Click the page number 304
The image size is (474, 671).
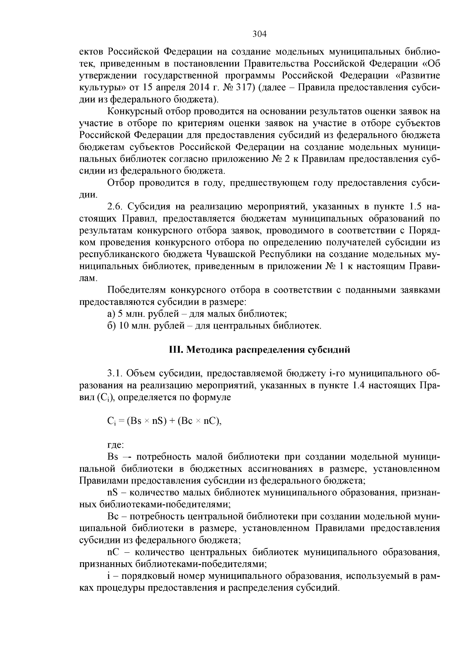coord(260,34)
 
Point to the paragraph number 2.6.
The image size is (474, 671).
coord(115,207)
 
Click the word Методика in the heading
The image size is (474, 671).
coord(204,350)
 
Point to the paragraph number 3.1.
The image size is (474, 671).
coord(115,374)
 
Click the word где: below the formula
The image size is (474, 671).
coord(116,445)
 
